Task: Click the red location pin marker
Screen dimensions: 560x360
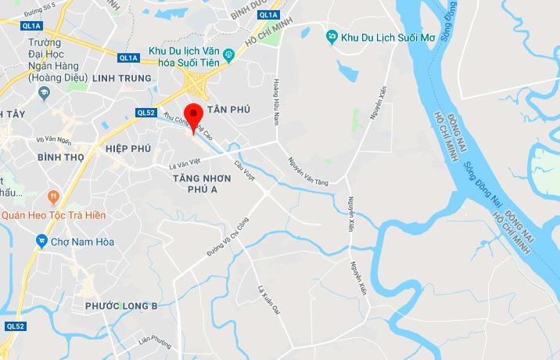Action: pyautogui.click(x=193, y=119)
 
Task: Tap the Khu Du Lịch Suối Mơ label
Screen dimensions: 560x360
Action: pyautogui.click(x=382, y=37)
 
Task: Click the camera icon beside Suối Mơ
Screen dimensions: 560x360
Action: pyautogui.click(x=332, y=36)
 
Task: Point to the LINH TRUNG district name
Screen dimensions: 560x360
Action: pyautogui.click(x=120, y=79)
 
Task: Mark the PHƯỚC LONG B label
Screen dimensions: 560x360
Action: pyautogui.click(x=122, y=305)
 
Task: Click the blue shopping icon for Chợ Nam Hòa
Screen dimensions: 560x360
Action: pyautogui.click(x=41, y=242)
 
